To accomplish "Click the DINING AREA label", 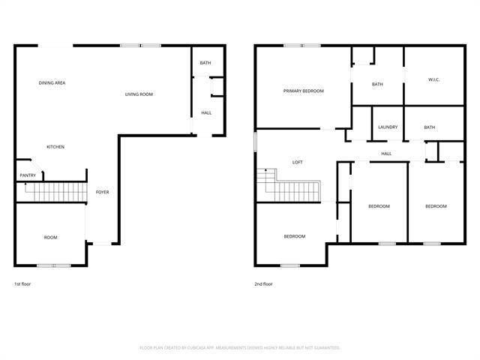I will (x=52, y=82).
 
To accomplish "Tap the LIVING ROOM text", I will (x=139, y=94).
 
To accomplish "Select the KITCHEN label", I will (x=55, y=146).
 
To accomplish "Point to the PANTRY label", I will (x=27, y=175).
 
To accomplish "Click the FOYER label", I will (x=102, y=192).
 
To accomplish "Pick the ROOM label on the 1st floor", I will (x=50, y=237).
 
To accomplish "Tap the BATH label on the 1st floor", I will (x=205, y=62).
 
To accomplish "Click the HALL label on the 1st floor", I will (x=206, y=112).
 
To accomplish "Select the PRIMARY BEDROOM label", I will (x=303, y=91).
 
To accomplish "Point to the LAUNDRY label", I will (x=388, y=127).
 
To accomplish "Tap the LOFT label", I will (x=297, y=162).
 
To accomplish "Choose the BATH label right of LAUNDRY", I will (x=429, y=127).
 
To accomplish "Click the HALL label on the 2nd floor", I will (x=386, y=154).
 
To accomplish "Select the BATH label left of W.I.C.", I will (x=377, y=84).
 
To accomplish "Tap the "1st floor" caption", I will (x=22, y=284).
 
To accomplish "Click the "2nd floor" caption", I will (x=263, y=284).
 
